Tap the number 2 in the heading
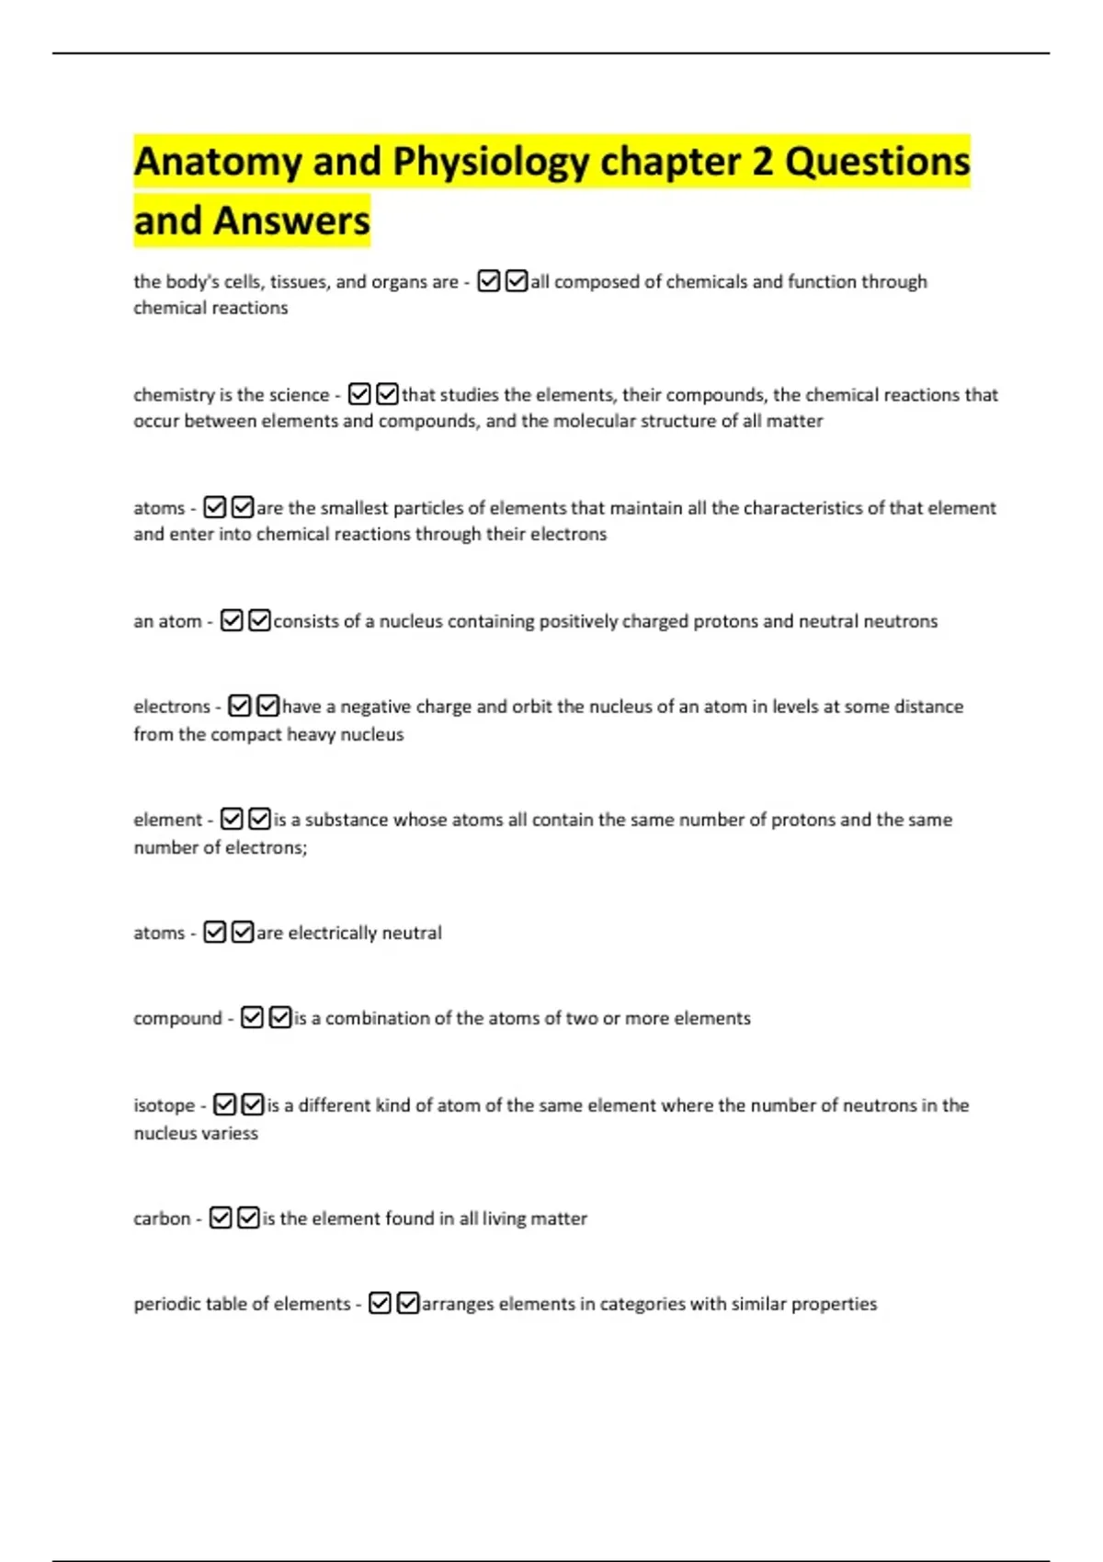(x=762, y=162)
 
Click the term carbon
(x=162, y=1218)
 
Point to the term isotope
(x=165, y=1105)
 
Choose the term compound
(x=177, y=1018)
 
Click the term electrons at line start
(x=172, y=707)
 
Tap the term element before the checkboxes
(x=167, y=820)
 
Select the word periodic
(x=165, y=1304)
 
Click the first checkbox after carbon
(x=221, y=1217)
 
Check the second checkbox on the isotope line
(x=253, y=1104)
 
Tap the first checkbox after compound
(x=252, y=1017)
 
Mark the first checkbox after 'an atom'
(x=232, y=621)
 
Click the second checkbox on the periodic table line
(x=408, y=1303)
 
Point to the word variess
(x=230, y=1133)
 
